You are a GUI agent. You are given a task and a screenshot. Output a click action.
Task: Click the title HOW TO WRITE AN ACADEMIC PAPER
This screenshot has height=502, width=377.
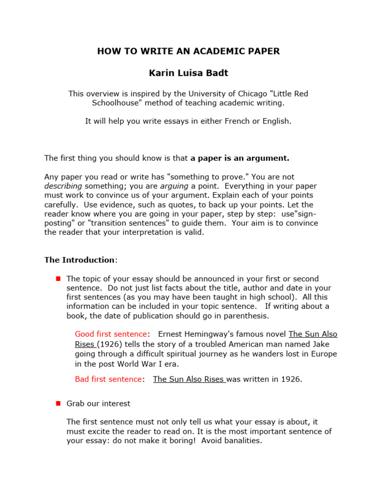(x=188, y=51)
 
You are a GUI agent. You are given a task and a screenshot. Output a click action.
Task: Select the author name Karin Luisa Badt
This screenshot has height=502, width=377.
(x=188, y=73)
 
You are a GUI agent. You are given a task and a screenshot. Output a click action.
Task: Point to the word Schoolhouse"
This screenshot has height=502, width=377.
(x=117, y=103)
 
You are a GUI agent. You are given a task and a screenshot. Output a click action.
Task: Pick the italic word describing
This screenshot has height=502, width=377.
(x=63, y=186)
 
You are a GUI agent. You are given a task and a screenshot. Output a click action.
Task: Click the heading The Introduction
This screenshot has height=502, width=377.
(x=80, y=260)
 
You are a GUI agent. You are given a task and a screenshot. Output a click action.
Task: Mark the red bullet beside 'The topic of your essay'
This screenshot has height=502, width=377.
(x=58, y=278)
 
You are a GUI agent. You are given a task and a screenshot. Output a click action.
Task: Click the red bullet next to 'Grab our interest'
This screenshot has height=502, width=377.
(x=58, y=403)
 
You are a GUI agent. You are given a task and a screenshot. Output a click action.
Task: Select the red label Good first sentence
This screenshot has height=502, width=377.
(x=111, y=334)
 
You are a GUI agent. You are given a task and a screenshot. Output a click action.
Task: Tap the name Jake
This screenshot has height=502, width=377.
(x=327, y=344)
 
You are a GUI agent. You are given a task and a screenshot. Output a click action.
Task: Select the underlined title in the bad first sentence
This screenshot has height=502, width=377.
(x=189, y=379)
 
